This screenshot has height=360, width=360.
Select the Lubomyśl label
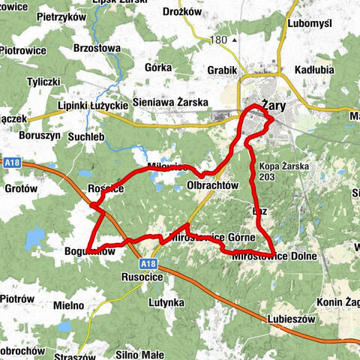308,23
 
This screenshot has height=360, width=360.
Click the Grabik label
223,70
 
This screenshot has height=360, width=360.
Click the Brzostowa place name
97,47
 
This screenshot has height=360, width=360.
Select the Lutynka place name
166,302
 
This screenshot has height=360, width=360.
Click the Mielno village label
69,305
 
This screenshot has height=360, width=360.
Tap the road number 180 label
219,39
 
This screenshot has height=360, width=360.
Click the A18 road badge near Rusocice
148,263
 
